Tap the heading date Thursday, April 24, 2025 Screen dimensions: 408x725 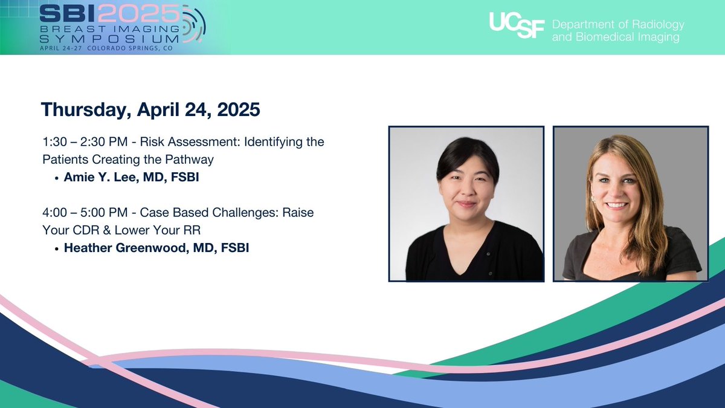(150, 110)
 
